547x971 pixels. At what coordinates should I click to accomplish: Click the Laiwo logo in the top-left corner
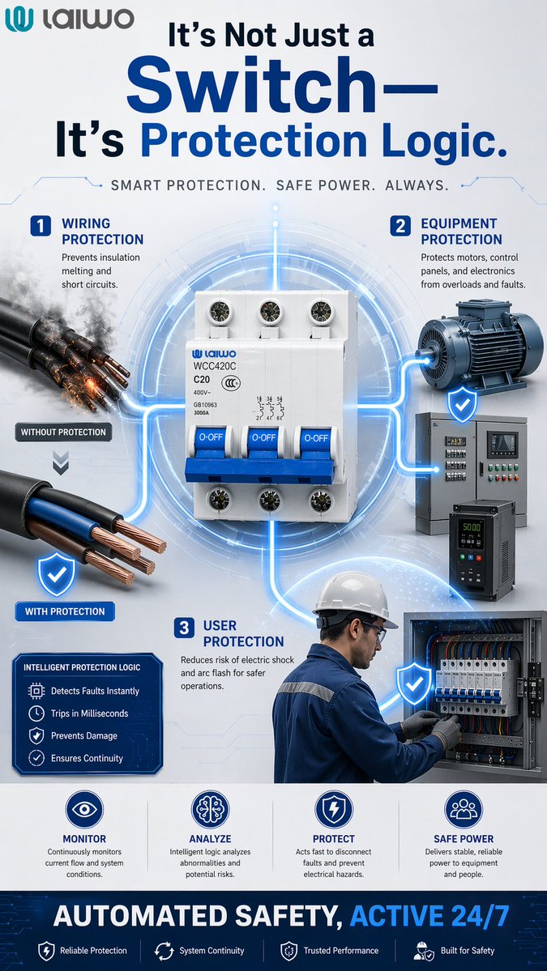coord(69,19)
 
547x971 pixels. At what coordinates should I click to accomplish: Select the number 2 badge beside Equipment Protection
coord(400,226)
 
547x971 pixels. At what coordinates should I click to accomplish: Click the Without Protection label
coord(64,432)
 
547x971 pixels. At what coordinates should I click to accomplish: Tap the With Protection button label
coord(65,611)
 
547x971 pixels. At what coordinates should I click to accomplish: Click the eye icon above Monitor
coord(85,809)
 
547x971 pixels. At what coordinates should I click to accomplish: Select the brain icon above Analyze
coord(210,809)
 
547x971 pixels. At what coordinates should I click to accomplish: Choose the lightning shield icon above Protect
coord(334,809)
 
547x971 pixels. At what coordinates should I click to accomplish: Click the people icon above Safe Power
coord(464,809)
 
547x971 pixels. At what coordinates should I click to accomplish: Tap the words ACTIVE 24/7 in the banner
coord(429,916)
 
